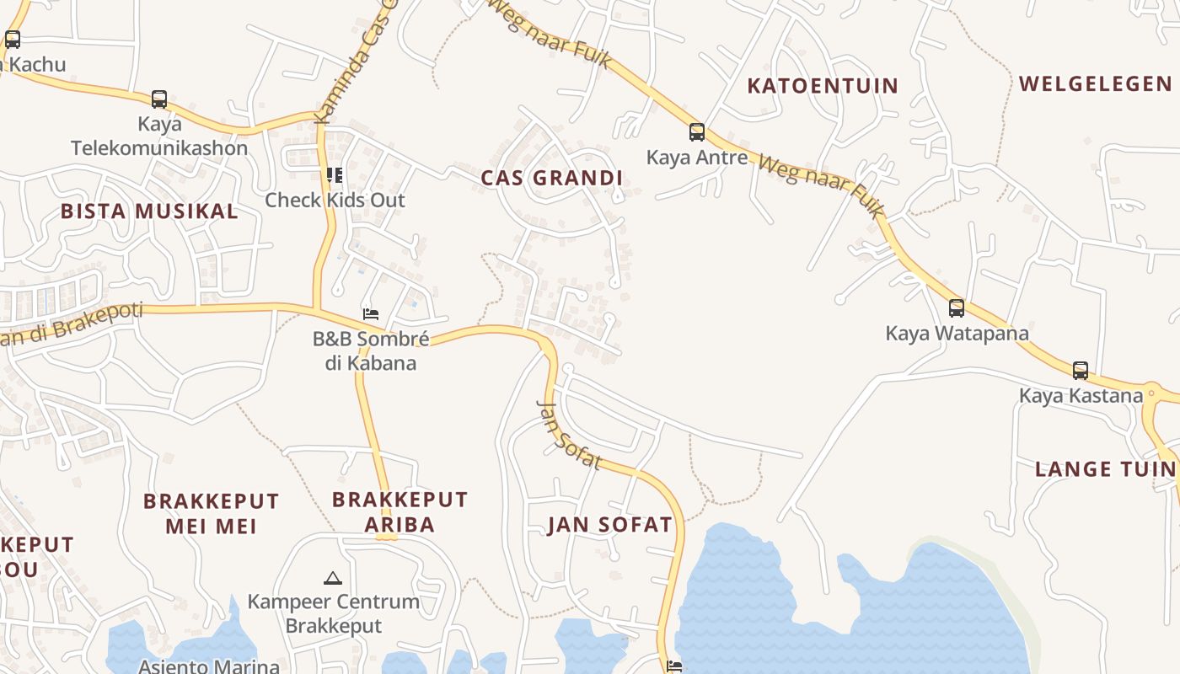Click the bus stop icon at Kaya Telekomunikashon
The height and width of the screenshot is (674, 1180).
pyautogui.click(x=159, y=99)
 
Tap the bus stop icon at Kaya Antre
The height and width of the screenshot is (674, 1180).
pyautogui.click(x=697, y=132)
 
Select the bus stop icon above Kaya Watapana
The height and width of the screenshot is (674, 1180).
pyautogui.click(x=957, y=308)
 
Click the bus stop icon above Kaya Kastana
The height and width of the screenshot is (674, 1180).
pyautogui.click(x=1081, y=371)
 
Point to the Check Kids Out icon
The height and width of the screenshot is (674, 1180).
pyautogui.click(x=335, y=175)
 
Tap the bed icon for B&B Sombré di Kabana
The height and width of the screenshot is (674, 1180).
pyautogui.click(x=371, y=314)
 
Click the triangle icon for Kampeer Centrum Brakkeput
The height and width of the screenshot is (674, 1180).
pyautogui.click(x=333, y=578)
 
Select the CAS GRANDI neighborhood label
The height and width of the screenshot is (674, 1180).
pyautogui.click(x=551, y=178)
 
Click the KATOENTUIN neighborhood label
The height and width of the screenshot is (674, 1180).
pyautogui.click(x=823, y=86)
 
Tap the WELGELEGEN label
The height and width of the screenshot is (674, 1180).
pyautogui.click(x=1095, y=84)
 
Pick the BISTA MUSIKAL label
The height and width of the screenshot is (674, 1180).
pyautogui.click(x=149, y=211)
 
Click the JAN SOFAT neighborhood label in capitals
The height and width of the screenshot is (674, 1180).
pyautogui.click(x=610, y=525)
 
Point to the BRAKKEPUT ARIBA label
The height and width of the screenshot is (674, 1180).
pyautogui.click(x=400, y=511)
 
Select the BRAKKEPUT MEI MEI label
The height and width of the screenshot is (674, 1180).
pyautogui.click(x=211, y=514)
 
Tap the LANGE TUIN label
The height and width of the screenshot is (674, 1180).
pyautogui.click(x=1105, y=469)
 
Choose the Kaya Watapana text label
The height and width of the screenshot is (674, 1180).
pyautogui.click(x=957, y=333)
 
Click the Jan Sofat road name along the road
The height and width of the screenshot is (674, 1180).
pyautogui.click(x=569, y=435)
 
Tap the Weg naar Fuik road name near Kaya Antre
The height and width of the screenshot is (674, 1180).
pyautogui.click(x=818, y=182)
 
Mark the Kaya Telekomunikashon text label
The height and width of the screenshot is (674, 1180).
pyautogui.click(x=159, y=136)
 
